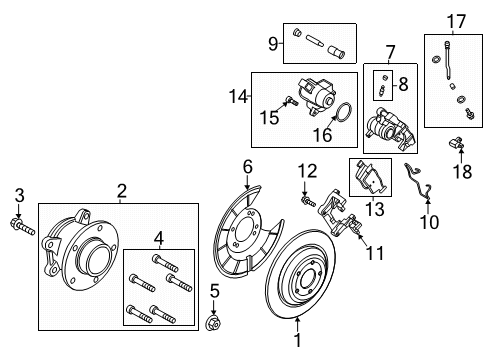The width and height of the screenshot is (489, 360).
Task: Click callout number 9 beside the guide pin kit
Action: (429, 222)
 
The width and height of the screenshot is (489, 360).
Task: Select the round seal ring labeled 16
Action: (456, 20)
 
